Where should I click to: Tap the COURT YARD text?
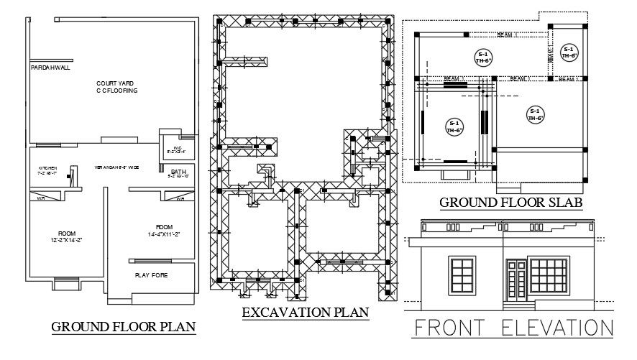coord(116,83)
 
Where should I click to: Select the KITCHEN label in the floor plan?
coord(47,167)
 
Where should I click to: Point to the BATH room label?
coord(178,172)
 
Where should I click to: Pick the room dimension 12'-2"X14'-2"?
coord(67,239)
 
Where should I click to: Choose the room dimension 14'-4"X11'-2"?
coord(165,234)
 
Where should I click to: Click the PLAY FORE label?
coord(152,274)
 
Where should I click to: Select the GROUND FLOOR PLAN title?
coord(124,328)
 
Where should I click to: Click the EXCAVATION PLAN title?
coord(306,312)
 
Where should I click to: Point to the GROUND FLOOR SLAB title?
coord(510,203)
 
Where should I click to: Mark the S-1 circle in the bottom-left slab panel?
coord(454,126)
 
